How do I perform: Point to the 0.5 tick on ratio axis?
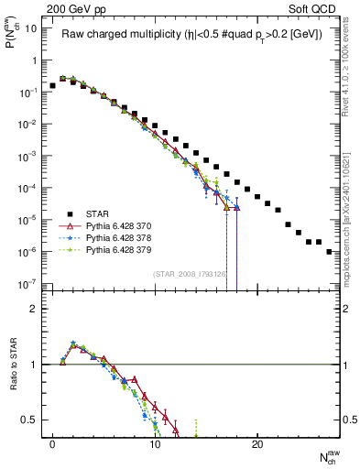click(x=30, y=420)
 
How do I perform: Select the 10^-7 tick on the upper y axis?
click(x=27, y=284)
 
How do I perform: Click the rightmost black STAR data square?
click(x=329, y=251)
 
